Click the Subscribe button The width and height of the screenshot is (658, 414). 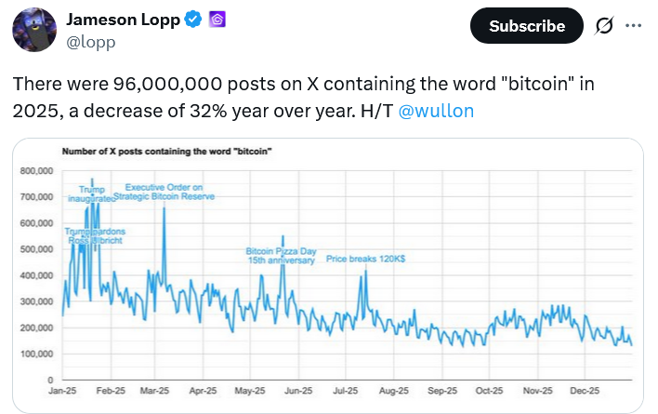[x=527, y=26]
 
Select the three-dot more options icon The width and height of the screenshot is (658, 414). [x=634, y=26]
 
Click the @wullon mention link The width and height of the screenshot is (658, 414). [x=436, y=111]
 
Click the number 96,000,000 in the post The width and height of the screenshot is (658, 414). [x=154, y=84]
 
